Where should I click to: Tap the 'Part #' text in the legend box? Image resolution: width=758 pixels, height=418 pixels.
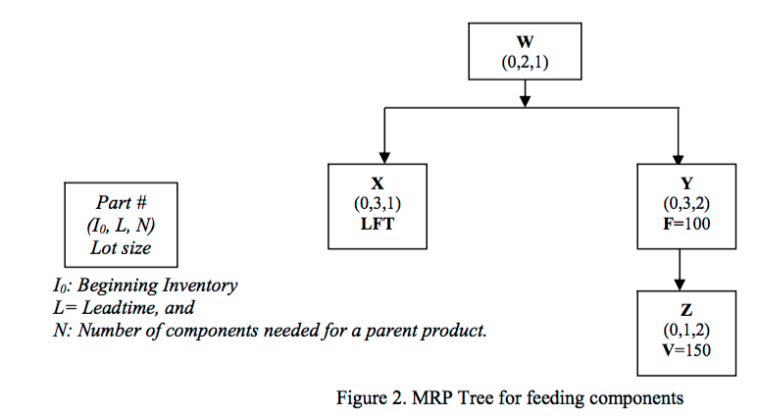pos(122,204)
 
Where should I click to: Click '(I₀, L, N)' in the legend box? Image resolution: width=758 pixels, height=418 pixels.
pos(122,225)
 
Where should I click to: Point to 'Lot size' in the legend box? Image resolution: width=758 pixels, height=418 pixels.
pos(122,245)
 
